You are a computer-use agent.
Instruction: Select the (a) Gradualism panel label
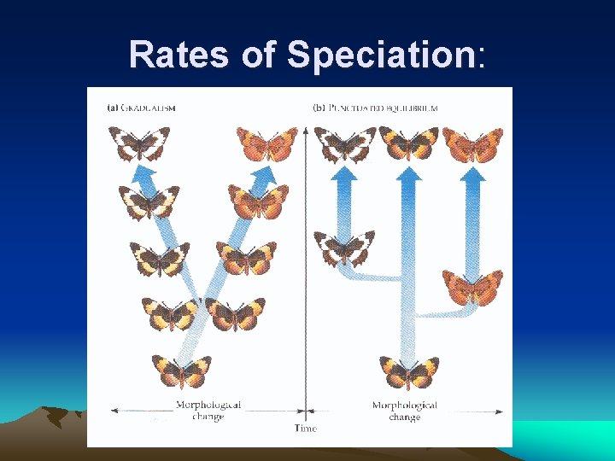(142, 108)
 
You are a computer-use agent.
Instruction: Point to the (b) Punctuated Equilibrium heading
(376, 108)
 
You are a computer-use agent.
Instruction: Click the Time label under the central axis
(305, 428)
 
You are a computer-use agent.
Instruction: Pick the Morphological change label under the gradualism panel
(208, 410)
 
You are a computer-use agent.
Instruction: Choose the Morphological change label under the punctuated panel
(404, 411)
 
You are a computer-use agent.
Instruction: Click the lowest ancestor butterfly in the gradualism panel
(181, 371)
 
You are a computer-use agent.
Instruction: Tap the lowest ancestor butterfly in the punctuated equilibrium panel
(408, 373)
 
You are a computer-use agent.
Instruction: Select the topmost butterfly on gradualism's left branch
(139, 143)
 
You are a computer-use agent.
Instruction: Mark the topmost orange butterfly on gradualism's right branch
(266, 143)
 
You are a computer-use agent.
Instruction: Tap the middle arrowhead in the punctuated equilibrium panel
(409, 176)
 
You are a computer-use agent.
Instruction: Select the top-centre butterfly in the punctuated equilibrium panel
(409, 143)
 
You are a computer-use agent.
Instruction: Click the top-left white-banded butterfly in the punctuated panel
(345, 143)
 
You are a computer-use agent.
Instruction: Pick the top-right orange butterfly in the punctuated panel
(472, 143)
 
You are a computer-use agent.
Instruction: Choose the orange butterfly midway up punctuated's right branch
(471, 286)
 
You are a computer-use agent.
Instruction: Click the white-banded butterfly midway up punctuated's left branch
(344, 248)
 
